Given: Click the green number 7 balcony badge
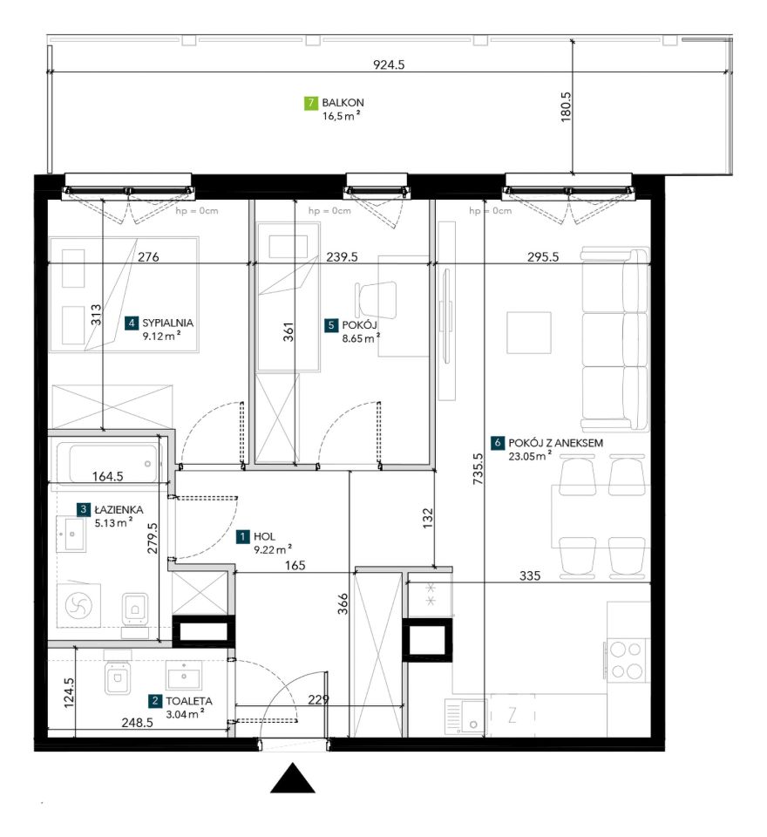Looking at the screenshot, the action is point(310,103).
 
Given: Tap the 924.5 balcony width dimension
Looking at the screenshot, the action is point(389,65).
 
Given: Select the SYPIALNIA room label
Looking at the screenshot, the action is point(167,323).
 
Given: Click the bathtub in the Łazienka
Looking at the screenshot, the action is point(108,462).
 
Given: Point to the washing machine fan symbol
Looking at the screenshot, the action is point(78,605).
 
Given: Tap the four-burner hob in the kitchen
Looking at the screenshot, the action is point(626,660).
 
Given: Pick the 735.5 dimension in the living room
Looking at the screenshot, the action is point(478,469).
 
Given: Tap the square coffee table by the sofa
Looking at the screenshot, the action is point(528,332).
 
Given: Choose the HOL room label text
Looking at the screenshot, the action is point(264,536).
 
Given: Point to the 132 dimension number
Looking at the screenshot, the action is point(428,518).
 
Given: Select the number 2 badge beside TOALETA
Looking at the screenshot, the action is point(155,701).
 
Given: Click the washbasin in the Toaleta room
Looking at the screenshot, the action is point(184,675).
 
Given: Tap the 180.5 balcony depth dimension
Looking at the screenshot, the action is point(567,106).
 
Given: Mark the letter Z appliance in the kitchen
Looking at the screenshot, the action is point(512,715).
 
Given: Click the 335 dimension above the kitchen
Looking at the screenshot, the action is point(530,575).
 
